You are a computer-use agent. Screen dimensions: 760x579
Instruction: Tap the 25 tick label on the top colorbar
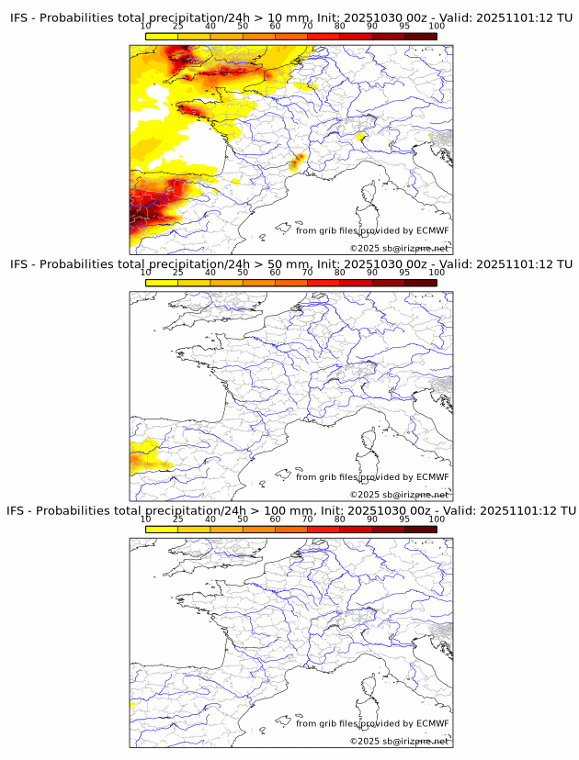pos(178,28)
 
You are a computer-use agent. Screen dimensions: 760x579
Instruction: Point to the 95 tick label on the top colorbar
pos(404,28)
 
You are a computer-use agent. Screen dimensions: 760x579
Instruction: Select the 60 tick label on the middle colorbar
pos(275,273)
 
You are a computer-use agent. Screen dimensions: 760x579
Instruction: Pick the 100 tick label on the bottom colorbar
pos(437,519)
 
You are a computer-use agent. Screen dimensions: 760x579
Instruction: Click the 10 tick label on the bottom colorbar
pos(146,519)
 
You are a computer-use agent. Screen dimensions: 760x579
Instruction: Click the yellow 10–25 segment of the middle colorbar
pos(162,282)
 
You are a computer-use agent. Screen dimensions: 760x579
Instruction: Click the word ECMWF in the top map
pos(432,230)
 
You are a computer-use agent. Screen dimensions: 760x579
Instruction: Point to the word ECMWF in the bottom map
pos(432,723)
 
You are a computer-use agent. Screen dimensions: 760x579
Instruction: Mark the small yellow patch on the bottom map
pos(132,704)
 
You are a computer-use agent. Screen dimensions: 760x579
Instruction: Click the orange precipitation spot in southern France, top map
pos(298,162)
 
